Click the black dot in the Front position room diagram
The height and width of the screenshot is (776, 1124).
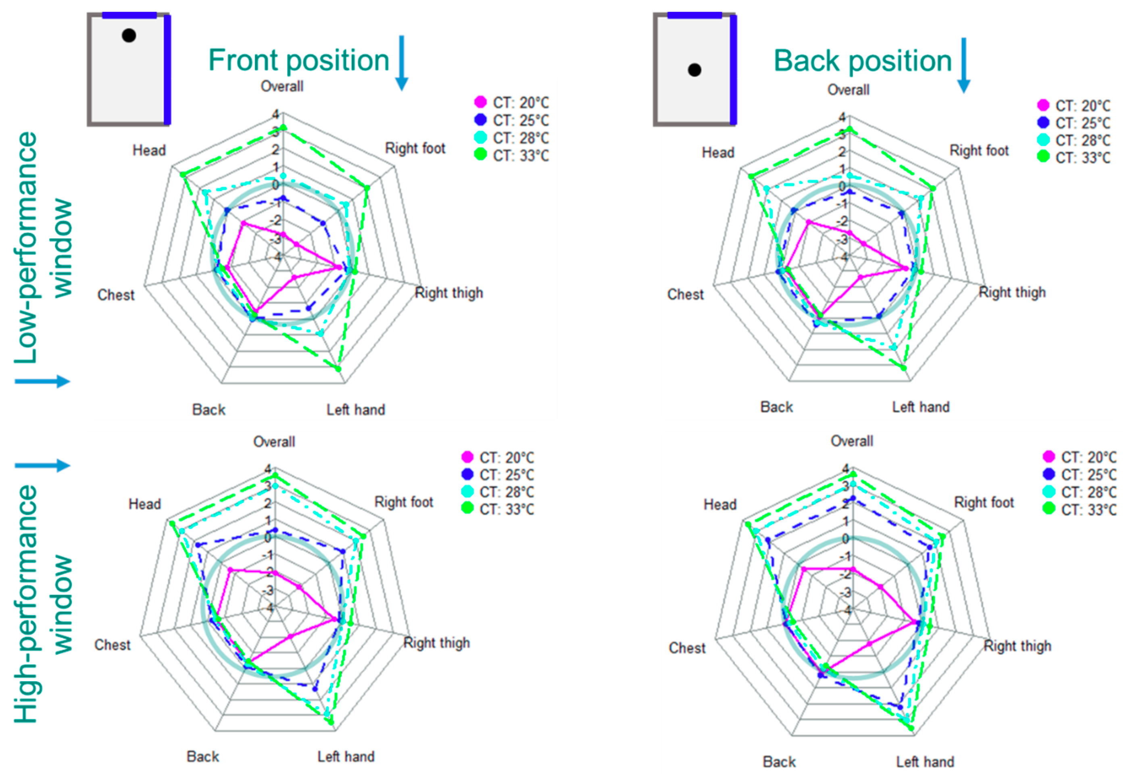[x=129, y=35]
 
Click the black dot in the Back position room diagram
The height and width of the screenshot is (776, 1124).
[x=694, y=70]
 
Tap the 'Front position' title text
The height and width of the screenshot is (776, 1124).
[x=298, y=60]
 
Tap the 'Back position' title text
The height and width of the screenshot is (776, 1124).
[x=862, y=61]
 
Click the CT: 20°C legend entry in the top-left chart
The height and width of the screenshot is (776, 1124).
[x=511, y=102]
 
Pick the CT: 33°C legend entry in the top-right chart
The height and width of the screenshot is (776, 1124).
[x=1074, y=158]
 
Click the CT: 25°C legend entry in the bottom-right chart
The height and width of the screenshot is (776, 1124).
[x=1079, y=474]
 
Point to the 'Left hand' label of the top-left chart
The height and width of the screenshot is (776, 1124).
[x=356, y=410]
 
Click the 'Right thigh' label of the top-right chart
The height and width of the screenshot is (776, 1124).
[x=1011, y=293]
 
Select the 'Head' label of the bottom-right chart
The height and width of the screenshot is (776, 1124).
[x=720, y=505]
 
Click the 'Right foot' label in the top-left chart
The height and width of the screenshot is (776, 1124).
[x=415, y=148]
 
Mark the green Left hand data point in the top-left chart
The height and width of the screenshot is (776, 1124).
[x=338, y=369]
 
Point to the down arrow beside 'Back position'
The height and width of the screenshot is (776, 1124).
[x=963, y=65]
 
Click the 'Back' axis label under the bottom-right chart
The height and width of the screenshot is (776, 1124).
[x=779, y=761]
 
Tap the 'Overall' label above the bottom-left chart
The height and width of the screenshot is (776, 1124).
[x=274, y=442]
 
